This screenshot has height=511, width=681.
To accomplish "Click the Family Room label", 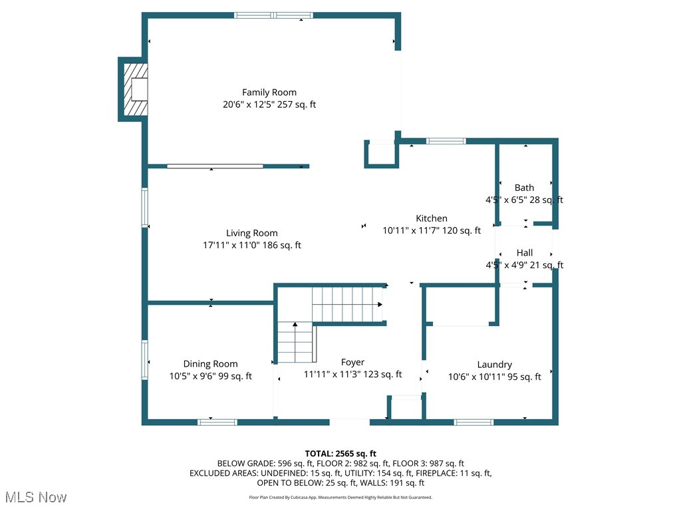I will pos(269,92).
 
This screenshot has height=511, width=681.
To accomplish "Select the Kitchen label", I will pos(432,218).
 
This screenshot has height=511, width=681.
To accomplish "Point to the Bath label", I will pos(524,188).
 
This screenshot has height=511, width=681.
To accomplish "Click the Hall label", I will pos(525,253).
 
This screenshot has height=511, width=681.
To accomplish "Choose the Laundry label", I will pos(494,365).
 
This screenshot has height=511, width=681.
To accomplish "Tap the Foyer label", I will pos(352,363).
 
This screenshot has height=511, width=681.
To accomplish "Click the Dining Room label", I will pos(210,364).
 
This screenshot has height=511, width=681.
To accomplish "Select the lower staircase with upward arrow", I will pos(295,342).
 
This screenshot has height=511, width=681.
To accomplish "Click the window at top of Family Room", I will pos(273,15).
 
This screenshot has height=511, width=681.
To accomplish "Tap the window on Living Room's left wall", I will pos(144,208).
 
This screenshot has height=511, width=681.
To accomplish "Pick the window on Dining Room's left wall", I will pos(144,360).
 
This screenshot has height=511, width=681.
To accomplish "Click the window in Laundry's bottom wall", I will pos(474,422).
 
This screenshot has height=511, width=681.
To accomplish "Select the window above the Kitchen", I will pos(445,141).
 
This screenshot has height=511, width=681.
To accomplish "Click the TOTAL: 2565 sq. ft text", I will pos(340,454).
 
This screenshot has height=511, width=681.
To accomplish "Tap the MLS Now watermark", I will pos(35,497).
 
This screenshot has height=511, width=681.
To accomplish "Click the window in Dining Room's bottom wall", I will pos(217,422).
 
